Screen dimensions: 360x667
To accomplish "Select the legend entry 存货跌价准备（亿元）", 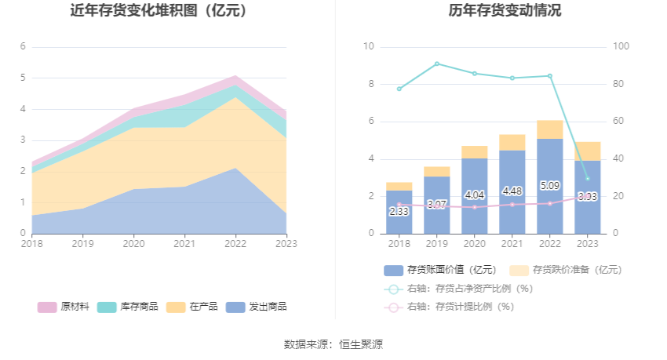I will pyautogui.click(x=566, y=270).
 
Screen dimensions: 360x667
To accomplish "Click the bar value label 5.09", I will pyautogui.click(x=549, y=187).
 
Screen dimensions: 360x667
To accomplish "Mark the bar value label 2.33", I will pyautogui.click(x=399, y=211).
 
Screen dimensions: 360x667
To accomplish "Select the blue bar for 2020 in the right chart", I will pyautogui.click(x=474, y=196).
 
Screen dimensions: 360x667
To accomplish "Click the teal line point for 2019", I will pyautogui.click(x=436, y=64).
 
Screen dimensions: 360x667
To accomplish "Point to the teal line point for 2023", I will pyautogui.click(x=587, y=178).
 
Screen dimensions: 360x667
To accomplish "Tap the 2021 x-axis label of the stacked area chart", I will pyautogui.click(x=184, y=244).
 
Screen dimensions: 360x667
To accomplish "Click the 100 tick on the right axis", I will pyautogui.click(x=621, y=47).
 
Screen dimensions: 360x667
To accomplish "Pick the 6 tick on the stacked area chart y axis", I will pyautogui.click(x=24, y=47).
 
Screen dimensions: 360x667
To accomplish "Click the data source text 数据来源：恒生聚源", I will pyautogui.click(x=333, y=344).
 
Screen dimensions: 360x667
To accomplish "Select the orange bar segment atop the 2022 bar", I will pyautogui.click(x=549, y=129).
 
